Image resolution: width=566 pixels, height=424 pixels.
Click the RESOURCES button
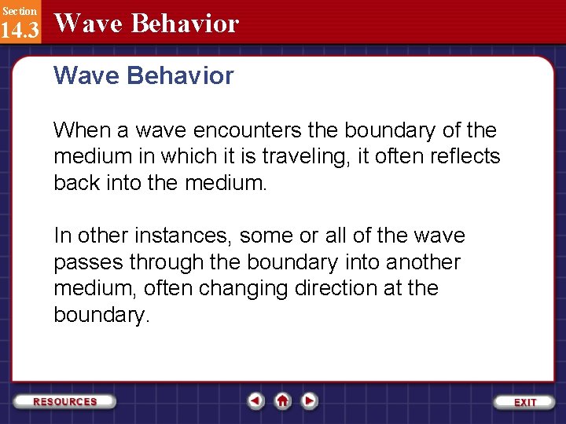tap(65, 401)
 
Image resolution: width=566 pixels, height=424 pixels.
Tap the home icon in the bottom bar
tap(283, 401)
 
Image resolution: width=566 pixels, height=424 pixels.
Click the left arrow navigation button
tap(255, 401)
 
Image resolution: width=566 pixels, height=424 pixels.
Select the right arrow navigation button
tap(310, 401)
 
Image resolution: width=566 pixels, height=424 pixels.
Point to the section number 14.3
tap(19, 31)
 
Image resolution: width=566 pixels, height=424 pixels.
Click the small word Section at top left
tap(19, 10)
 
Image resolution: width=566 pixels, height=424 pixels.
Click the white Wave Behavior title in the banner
tap(146, 24)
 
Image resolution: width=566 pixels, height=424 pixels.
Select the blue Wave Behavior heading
tap(144, 76)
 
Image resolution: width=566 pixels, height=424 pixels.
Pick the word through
tap(164, 262)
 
